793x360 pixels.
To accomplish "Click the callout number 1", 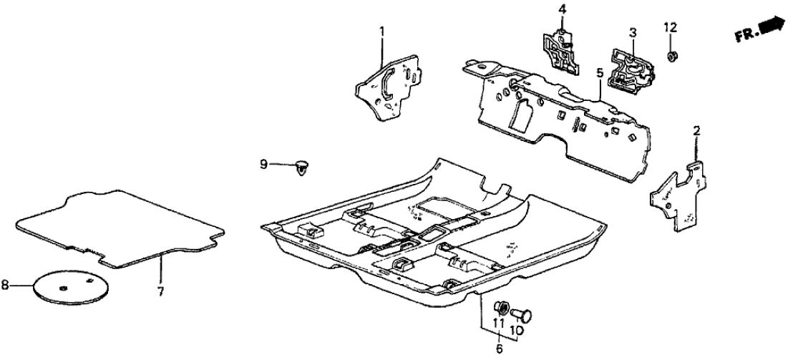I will click(381, 31).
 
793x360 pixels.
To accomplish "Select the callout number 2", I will click(696, 130).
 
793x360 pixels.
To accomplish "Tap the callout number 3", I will click(633, 32).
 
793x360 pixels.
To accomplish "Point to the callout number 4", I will click(562, 9).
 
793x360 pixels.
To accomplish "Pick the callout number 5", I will click(600, 73).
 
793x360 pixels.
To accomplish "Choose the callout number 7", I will click(160, 291).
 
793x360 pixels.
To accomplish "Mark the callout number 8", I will click(6, 286).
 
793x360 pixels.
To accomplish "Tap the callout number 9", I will click(263, 165).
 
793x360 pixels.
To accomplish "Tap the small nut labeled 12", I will click(674, 54).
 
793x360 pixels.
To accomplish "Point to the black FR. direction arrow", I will click(770, 26).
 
